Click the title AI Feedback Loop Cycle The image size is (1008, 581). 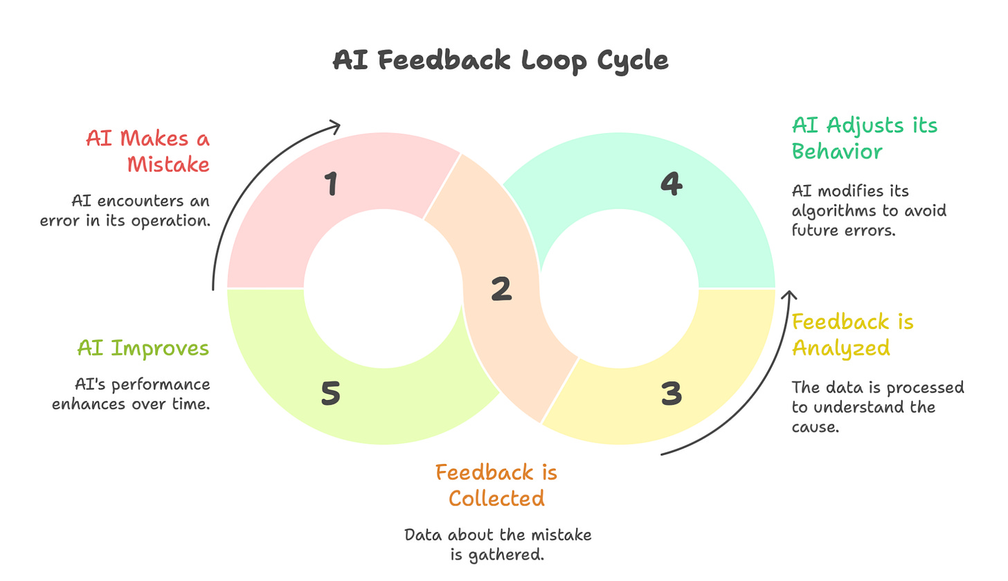[501, 60]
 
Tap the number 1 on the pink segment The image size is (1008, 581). [332, 185]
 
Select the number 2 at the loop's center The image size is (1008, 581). [501, 289]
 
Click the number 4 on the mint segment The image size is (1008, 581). [670, 184]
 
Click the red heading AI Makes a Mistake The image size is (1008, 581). [147, 150]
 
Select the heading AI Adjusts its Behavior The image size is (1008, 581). [865, 138]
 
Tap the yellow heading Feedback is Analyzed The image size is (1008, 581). [853, 334]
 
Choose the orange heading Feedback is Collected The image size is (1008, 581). [496, 485]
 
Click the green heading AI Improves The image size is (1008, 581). [143, 348]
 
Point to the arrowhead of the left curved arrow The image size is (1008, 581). [336, 125]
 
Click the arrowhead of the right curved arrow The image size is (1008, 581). [786, 295]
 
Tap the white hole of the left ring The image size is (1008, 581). [382, 288]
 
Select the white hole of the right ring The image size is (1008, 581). [619, 288]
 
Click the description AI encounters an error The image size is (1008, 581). [141, 211]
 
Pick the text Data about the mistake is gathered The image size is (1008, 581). [498, 544]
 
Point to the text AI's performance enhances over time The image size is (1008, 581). [131, 394]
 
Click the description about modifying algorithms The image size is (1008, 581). [869, 211]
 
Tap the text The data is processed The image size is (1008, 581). [878, 407]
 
